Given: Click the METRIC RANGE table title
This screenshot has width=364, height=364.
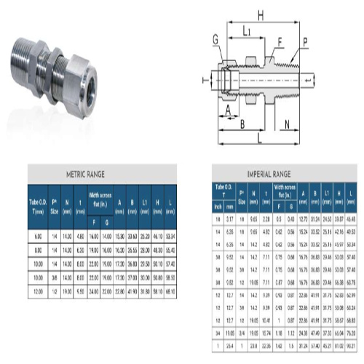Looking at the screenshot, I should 85,174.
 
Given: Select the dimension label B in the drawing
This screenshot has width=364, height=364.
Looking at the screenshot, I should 242,124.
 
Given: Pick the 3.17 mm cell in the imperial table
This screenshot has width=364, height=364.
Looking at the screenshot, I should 230,218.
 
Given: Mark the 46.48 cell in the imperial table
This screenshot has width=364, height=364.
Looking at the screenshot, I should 352,218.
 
